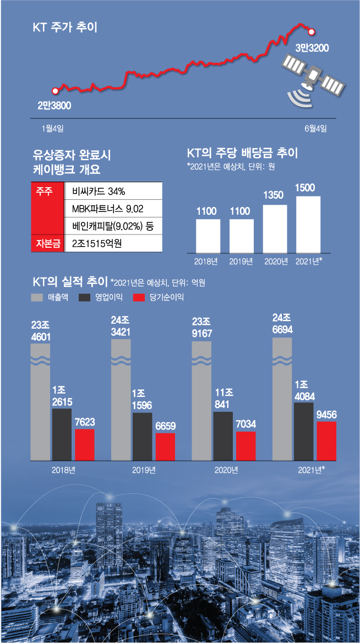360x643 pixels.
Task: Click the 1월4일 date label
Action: tap(53, 129)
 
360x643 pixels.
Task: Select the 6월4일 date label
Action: tap(315, 129)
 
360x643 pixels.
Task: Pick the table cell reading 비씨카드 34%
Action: tap(113, 192)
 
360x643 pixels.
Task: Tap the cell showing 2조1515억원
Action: tap(113, 242)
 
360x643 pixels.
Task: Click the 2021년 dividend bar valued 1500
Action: tap(308, 223)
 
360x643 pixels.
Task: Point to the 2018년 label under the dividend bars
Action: tap(208, 261)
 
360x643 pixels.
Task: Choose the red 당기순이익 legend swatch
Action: tap(139, 297)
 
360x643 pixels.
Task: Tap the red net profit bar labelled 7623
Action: tap(84, 444)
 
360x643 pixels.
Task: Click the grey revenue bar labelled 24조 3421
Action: tap(121, 399)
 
